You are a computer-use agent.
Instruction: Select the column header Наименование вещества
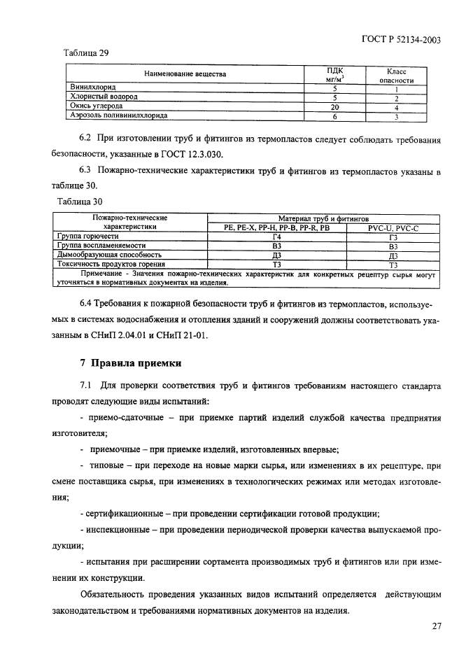pos(185,73)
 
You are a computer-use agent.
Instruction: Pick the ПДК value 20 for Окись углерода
pos(335,107)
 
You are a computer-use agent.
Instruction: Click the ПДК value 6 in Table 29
pos(335,116)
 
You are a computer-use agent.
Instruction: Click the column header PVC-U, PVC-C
pos(393,228)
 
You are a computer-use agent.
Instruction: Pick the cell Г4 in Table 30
pos(276,237)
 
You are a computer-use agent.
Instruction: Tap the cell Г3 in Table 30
pos(393,237)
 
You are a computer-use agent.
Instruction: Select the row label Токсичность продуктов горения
pos(111,265)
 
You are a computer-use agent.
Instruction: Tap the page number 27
pos(437,626)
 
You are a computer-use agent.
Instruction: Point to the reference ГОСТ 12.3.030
pos(208,154)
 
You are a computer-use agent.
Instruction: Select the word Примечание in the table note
pos(99,274)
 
